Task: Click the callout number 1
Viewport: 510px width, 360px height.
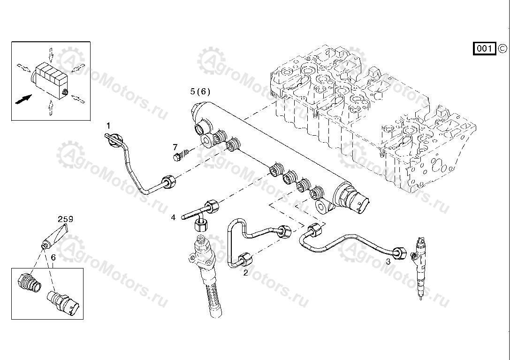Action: pos(108,125)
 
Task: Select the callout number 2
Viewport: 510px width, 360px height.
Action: pos(245,273)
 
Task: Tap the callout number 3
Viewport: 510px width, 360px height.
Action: pos(388,262)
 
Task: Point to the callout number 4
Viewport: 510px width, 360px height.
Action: pos(173,217)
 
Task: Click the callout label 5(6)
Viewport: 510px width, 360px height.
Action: pos(200,91)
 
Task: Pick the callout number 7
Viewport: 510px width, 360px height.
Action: pos(175,147)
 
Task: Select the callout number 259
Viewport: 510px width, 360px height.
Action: pos(65,219)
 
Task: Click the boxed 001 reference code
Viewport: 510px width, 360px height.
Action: pos(484,48)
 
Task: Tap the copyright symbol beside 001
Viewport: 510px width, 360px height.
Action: pos(502,48)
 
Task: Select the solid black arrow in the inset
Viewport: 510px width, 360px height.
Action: pos(24,99)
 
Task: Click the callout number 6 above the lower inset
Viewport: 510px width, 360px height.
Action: pos(53,258)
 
